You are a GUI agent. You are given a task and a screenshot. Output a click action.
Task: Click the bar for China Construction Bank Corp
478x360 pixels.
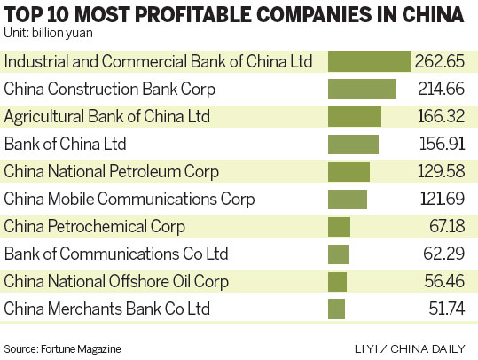click(x=362, y=90)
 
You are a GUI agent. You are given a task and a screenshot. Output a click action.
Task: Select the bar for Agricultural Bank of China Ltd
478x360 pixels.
click(x=355, y=117)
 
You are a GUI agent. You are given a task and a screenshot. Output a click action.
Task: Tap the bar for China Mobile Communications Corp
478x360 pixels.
click(x=348, y=200)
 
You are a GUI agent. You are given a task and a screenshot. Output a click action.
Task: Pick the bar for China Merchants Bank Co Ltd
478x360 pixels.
click(x=336, y=309)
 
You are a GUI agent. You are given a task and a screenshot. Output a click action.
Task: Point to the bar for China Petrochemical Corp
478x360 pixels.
click(x=340, y=227)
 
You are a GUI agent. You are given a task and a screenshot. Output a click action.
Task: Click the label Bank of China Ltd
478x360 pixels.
click(x=66, y=145)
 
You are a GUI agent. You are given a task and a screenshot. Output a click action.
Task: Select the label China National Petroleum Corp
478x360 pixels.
click(x=112, y=172)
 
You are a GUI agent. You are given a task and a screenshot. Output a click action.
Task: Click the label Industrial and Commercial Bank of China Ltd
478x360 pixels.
click(x=158, y=62)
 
